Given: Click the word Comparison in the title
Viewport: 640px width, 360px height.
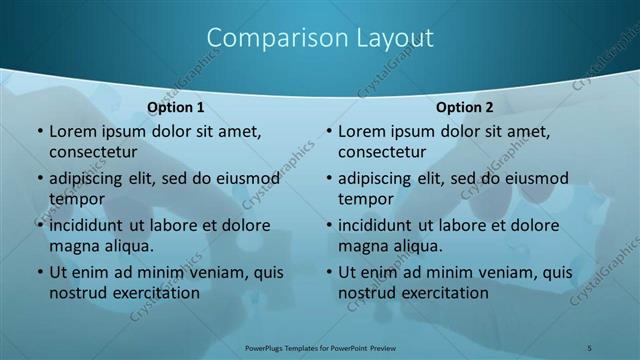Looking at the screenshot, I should [269, 38].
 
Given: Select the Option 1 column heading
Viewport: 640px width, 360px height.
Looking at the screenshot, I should [176, 107].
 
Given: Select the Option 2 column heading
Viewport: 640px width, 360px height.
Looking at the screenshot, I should [465, 107].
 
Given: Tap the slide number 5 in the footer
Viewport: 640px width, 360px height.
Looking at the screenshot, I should [590, 347].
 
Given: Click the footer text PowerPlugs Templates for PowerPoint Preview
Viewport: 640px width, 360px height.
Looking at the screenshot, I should [320, 347].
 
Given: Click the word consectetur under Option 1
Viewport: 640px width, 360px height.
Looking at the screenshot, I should [92, 152].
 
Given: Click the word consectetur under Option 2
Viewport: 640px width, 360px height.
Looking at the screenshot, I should [381, 152].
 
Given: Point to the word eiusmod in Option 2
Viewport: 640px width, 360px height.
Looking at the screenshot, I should [534, 179].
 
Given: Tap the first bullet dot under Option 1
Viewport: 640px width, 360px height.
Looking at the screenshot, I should [39, 132].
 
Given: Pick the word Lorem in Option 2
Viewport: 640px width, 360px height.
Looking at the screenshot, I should [360, 131].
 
